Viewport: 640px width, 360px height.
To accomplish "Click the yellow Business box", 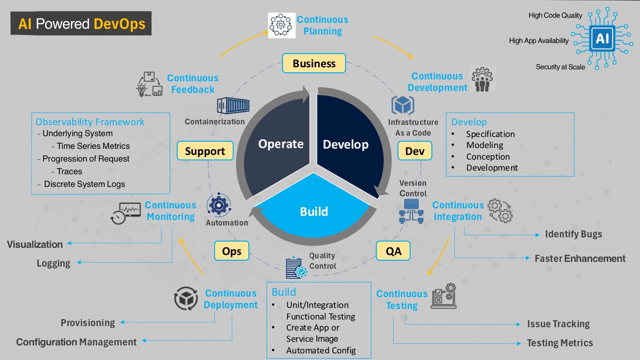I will (314, 63).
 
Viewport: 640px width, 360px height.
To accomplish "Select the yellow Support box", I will (205, 151).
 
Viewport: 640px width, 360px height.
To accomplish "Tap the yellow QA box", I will (393, 251).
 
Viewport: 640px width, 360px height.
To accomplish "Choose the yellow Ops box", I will (232, 251).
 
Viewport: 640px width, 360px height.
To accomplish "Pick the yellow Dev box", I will (415, 151).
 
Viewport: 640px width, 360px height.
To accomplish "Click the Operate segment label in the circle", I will (281, 144).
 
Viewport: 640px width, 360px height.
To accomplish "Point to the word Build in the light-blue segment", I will (314, 212).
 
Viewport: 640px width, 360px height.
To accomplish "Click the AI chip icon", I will (603, 39).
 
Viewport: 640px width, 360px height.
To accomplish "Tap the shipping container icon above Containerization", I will (233, 106).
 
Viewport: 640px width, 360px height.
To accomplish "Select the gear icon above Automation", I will (219, 205).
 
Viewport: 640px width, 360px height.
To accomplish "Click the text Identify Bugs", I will (573, 234).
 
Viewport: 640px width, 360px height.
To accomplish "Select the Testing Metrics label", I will (560, 343).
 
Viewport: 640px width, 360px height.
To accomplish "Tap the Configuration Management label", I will (76, 342).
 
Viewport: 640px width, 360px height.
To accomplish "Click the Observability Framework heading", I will (90, 122).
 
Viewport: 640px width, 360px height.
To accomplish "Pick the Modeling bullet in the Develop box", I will (485, 145).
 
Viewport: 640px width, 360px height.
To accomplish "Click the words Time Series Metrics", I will (93, 146).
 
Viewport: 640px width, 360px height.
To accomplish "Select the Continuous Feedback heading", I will (193, 84).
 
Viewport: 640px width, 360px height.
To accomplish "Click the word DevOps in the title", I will (119, 24).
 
